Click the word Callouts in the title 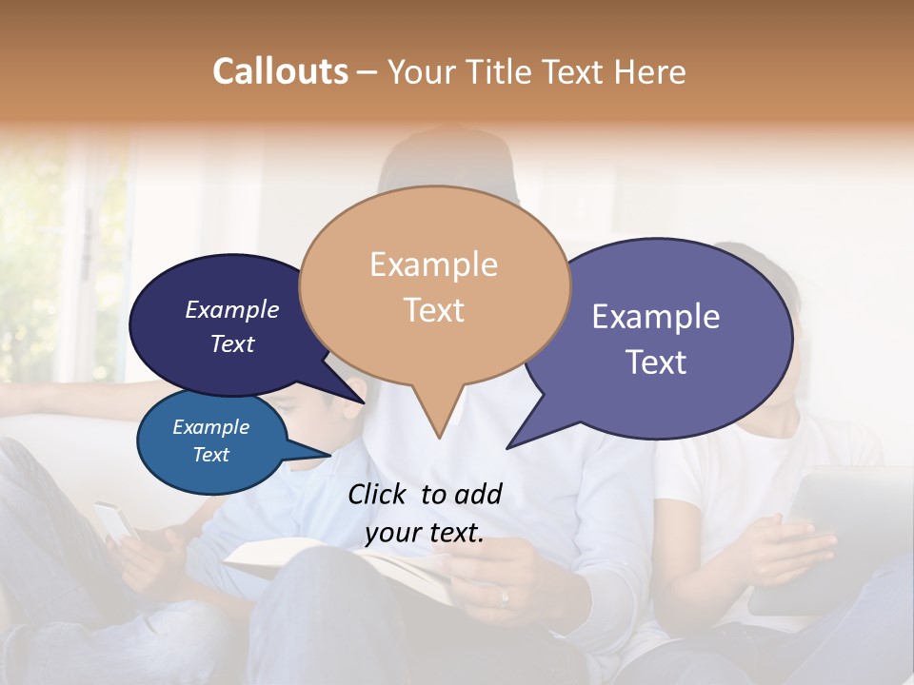280,71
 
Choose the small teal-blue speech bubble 211,442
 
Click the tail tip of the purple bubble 508,447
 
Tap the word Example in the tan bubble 433,264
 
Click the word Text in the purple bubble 656,362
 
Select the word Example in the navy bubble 232,309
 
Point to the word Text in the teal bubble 211,455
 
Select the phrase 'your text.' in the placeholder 425,533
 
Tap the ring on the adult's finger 505,597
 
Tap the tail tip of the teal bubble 333,453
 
